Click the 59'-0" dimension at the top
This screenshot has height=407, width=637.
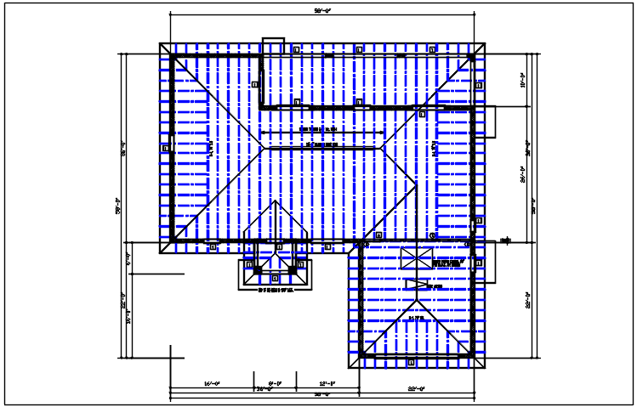322,11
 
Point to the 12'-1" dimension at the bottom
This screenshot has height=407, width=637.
327,383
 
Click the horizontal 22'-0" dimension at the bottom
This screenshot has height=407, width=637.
416,388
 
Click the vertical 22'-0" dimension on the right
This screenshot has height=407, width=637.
528,302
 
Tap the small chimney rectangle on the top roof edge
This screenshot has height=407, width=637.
273,42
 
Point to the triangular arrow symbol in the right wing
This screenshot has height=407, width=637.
416,285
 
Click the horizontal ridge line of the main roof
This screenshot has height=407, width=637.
322,147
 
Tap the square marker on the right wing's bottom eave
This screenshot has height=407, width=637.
412,362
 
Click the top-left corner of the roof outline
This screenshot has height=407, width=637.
160,43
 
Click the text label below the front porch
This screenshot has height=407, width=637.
275,291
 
